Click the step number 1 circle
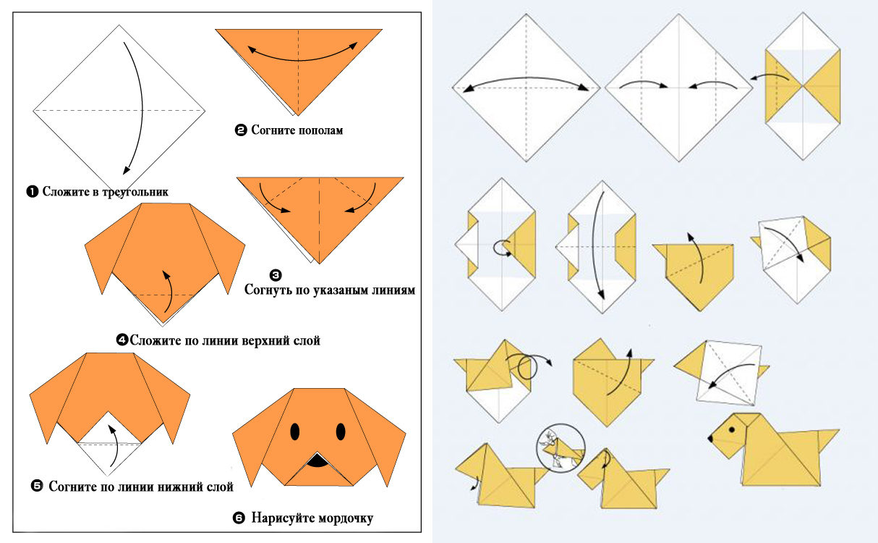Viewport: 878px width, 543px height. [32, 191]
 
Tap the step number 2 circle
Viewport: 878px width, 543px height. [241, 130]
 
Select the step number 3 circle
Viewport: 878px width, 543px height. [276, 275]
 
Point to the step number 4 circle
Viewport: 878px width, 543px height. [122, 340]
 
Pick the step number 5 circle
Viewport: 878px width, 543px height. [37, 486]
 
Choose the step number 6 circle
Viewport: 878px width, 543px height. [239, 518]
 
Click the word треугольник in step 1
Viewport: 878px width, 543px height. [135, 193]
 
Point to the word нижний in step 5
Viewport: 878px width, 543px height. [180, 487]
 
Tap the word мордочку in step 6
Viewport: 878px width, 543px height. [345, 518]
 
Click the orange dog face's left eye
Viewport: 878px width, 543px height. [295, 432]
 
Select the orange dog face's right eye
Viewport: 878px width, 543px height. [341, 432]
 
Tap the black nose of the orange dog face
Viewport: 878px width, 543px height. [317, 460]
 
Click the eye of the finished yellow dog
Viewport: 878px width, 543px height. [732, 429]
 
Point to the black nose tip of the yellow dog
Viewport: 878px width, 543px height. [710, 438]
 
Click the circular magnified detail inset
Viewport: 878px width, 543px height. [561, 448]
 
